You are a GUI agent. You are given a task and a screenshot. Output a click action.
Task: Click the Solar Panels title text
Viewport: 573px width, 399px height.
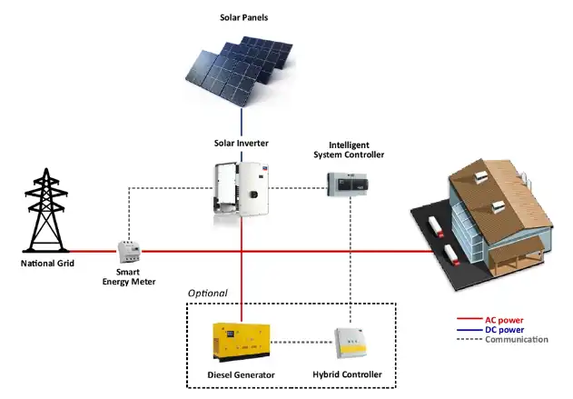click(244, 17)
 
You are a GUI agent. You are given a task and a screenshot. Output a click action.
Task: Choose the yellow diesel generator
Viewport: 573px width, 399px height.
click(240, 344)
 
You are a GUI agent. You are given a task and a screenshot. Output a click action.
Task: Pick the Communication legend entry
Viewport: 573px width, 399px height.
click(517, 340)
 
